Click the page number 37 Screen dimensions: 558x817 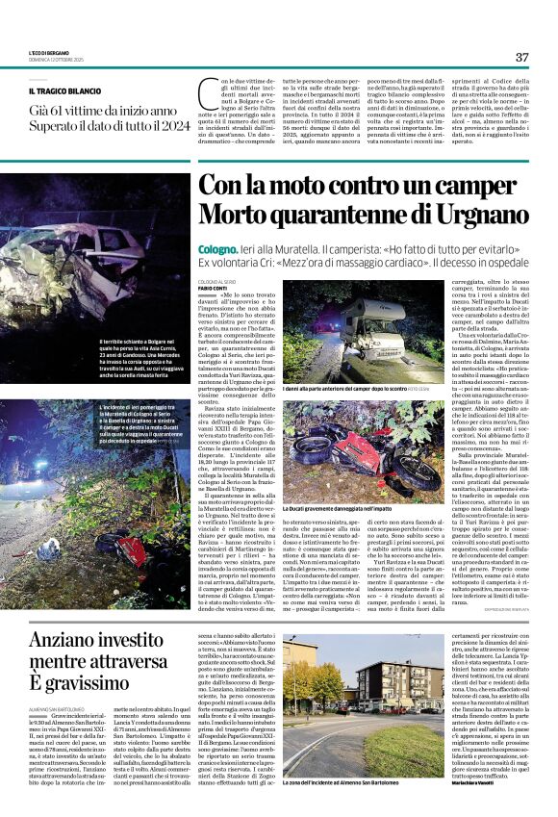tap(521, 57)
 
